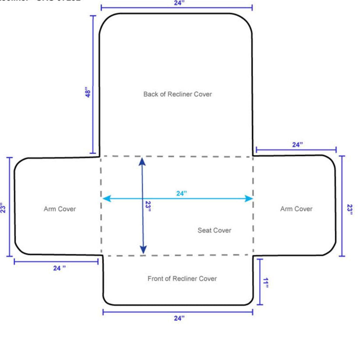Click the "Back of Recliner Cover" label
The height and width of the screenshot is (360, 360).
point(177,94)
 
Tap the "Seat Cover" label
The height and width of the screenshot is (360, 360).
point(214,230)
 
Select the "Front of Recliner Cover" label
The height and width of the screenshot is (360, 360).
point(182,279)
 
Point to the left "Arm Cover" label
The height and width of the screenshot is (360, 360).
point(60,209)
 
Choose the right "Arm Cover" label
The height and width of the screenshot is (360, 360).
point(296,209)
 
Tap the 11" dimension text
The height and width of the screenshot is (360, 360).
point(266,283)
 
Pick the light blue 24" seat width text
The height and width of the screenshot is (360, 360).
point(181,193)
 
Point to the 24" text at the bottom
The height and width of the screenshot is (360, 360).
point(179,318)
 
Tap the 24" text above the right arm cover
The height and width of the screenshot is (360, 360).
point(297,145)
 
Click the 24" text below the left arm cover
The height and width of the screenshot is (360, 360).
point(59,268)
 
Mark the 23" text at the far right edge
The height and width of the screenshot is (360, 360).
point(350,209)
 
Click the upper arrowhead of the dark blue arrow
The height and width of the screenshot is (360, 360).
point(142,161)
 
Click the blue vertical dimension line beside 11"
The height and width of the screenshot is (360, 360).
point(260,282)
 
